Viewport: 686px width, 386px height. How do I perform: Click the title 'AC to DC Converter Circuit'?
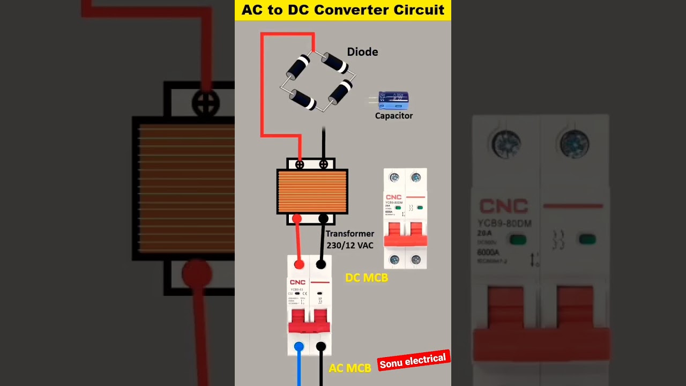[x=343, y=10]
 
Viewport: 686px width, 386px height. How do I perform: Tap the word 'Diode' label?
[x=362, y=52]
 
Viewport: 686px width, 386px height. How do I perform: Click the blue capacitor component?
[x=394, y=100]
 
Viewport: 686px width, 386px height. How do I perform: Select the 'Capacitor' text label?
[x=394, y=116]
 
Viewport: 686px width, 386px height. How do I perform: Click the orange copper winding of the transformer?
[x=312, y=191]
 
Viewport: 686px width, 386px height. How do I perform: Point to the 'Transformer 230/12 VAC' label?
[x=350, y=240]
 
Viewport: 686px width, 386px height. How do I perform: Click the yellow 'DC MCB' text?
[x=367, y=278]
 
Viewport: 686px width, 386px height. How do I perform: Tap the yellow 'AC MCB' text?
[x=350, y=368]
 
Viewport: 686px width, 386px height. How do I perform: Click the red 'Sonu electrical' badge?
[x=413, y=361]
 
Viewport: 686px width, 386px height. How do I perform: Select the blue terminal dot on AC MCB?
[x=299, y=347]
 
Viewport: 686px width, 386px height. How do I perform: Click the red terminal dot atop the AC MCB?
[x=299, y=264]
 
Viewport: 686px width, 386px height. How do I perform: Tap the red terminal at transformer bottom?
[x=297, y=219]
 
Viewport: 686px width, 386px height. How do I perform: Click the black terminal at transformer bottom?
[x=323, y=219]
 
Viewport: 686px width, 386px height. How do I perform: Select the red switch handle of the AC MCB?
[x=309, y=321]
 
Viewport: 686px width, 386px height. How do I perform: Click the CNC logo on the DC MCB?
[x=393, y=197]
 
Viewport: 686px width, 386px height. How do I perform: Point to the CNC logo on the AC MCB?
[x=297, y=283]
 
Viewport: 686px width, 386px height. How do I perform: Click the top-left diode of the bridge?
[x=299, y=66]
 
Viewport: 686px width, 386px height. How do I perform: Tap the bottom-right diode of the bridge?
[x=341, y=92]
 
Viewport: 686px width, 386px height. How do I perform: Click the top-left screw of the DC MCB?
[x=394, y=177]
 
